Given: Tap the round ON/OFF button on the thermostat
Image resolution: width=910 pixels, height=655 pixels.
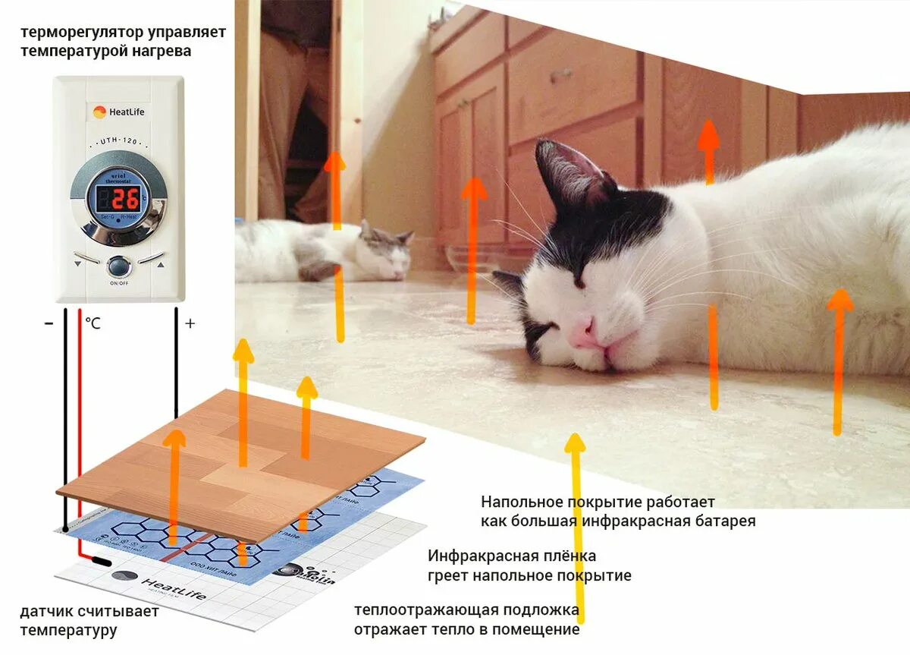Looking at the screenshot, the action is (118, 266).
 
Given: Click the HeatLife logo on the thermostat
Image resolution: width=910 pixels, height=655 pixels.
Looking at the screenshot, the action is (118, 112).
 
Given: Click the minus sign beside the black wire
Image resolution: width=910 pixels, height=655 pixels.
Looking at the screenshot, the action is (49, 323).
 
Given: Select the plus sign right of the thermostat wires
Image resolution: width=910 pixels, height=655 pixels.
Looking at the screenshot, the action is (190, 323).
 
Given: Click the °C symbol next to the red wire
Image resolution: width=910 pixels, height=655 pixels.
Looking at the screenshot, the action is (93, 323).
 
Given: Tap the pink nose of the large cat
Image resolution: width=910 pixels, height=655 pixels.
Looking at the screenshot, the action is (585, 332).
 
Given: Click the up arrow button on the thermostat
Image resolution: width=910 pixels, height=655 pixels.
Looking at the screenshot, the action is (160, 265).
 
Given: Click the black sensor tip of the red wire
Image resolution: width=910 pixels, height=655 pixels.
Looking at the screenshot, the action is (100, 562).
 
